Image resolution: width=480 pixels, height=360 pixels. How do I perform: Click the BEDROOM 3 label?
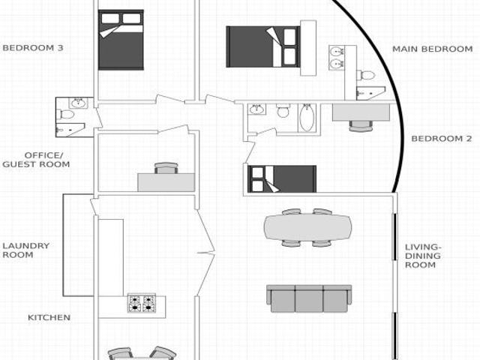pos(33,48)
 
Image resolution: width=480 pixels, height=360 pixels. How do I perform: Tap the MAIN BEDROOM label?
pos(433,49)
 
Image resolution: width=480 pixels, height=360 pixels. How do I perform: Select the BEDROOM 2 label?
pos(442,139)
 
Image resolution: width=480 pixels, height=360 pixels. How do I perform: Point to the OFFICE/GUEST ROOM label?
pos(36,160)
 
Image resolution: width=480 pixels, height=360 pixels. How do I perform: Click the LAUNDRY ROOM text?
pos(26,250)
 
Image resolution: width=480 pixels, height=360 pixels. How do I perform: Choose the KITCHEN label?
pos(49,317)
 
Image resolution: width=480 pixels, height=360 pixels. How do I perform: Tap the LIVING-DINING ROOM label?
pos(423,256)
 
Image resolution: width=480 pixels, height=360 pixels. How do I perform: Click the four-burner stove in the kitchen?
pos(142,303)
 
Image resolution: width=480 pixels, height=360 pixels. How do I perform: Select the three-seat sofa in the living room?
pos(309,298)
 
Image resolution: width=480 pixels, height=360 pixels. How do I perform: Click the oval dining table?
pos(307,227)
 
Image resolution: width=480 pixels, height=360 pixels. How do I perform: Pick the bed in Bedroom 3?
pos(121,40)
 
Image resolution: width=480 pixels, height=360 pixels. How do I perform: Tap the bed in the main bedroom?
pos(262,46)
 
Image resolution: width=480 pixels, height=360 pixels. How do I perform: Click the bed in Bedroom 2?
pos(282,179)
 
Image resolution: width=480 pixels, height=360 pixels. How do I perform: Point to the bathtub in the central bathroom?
pos(307,118)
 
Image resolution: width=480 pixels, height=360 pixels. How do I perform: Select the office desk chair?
pos(166,168)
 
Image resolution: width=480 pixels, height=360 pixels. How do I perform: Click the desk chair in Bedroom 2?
pos(361,126)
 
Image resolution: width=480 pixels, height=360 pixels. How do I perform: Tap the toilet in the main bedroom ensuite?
pos(365,75)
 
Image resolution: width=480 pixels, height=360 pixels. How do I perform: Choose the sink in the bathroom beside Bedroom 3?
pos(78,103)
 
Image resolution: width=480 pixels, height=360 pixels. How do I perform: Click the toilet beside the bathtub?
pos(283,110)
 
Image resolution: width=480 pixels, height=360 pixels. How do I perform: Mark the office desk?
pos(166,182)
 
